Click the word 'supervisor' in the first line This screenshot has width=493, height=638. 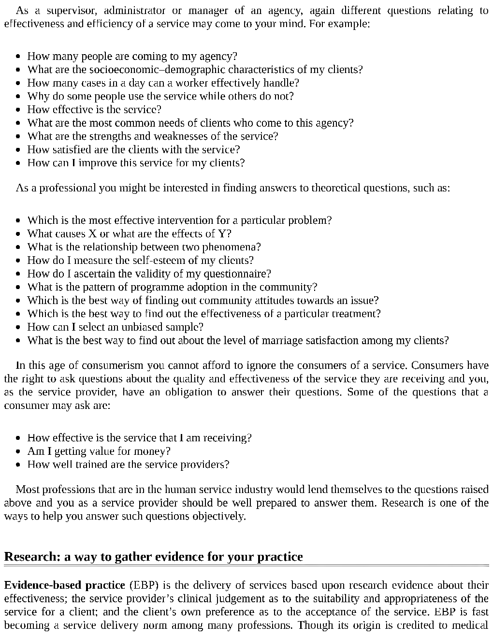(x=69, y=10)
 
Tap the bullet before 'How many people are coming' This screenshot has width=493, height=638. (x=18, y=57)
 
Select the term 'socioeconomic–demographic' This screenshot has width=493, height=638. (x=150, y=70)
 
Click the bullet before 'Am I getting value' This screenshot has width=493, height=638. (x=18, y=451)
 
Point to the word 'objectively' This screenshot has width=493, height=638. (x=219, y=516)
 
